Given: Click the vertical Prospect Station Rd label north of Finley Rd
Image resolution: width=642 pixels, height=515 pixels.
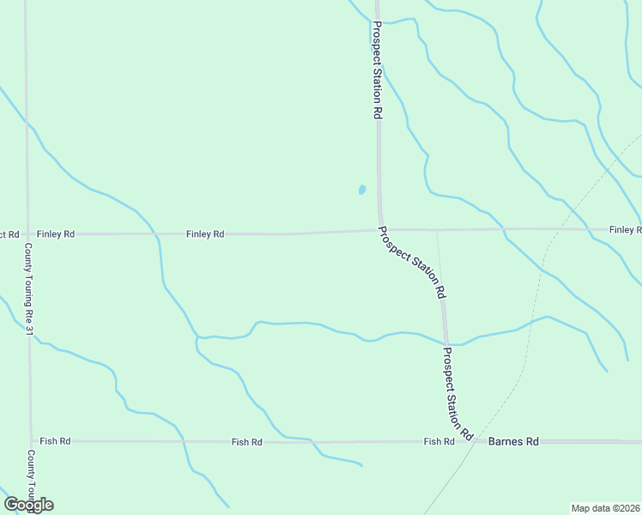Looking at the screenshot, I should coord(376,69).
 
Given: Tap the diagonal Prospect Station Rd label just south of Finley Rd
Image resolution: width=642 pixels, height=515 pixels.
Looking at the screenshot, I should coord(413,262).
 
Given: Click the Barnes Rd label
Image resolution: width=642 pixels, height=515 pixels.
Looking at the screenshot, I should coord(513,441).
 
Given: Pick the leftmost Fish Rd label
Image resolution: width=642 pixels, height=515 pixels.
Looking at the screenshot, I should coord(55,441).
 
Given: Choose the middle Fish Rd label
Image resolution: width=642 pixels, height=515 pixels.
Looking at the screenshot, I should coord(246,442).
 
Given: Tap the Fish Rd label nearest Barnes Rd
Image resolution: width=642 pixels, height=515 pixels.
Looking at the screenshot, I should coord(439,441).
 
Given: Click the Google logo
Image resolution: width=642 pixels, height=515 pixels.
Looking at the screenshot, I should coord(28,505).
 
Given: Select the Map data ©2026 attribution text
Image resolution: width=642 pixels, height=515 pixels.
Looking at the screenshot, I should coord(605,508).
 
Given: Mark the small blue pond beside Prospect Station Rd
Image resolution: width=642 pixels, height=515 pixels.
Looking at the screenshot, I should coord(362,190).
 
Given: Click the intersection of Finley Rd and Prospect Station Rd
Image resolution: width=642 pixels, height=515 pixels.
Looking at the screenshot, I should coord(379,229).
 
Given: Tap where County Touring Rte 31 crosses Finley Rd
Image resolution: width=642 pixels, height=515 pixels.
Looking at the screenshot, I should coord(27,233).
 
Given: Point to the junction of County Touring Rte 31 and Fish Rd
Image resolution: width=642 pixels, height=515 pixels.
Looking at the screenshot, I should coord(31,441).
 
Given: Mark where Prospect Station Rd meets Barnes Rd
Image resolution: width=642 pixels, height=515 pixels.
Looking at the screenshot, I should coord(475,441).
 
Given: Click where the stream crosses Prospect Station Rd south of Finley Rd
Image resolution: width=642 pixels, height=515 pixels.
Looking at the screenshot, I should coord(445,342).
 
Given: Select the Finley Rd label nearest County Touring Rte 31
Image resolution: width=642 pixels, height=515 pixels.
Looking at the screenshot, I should coord(57,233).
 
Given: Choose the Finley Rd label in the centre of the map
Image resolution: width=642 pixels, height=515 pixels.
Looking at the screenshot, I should coord(206,233).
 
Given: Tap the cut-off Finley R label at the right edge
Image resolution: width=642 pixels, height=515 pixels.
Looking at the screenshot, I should coord(625,230).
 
